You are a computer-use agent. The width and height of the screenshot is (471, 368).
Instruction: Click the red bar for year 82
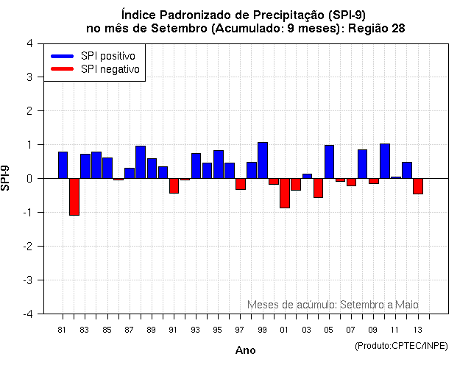74,197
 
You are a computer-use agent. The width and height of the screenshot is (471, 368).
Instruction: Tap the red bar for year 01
285,193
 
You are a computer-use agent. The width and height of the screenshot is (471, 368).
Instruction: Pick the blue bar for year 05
329,162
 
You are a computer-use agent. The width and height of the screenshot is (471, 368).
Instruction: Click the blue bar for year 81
63,165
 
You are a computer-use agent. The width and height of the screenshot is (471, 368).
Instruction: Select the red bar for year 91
174,185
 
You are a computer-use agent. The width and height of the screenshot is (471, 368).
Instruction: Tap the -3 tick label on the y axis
27,280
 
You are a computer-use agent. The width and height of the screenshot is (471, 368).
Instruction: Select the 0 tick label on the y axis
29,179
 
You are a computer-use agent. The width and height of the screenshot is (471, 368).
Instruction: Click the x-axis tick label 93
196,330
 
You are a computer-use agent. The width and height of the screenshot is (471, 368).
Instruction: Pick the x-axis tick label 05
329,330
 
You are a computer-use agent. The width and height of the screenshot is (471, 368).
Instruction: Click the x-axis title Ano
245,350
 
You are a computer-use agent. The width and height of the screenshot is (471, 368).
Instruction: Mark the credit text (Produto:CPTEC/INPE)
400,345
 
